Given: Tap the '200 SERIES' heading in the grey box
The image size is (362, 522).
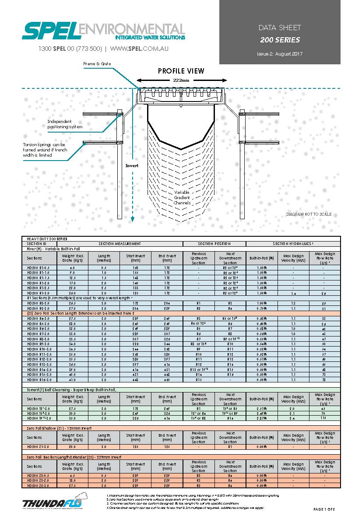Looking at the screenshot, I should coord(280,40).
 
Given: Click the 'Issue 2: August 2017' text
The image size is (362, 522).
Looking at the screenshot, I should coord(280,54).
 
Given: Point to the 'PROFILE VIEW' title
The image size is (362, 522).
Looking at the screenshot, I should coord(181,71).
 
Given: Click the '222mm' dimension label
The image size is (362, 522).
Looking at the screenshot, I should coord(181,81).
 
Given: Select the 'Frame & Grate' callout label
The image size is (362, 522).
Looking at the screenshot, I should coord(97,64).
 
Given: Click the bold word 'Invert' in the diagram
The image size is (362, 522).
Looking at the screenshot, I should coord(132,166).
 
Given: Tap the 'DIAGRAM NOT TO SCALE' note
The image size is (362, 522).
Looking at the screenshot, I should coord(309,214).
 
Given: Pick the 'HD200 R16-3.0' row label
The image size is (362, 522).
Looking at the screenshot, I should coord(39,380).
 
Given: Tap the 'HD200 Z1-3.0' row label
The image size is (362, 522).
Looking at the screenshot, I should coord(38,447).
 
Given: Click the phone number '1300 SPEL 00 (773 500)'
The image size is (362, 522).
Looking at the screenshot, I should coord(70,49).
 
